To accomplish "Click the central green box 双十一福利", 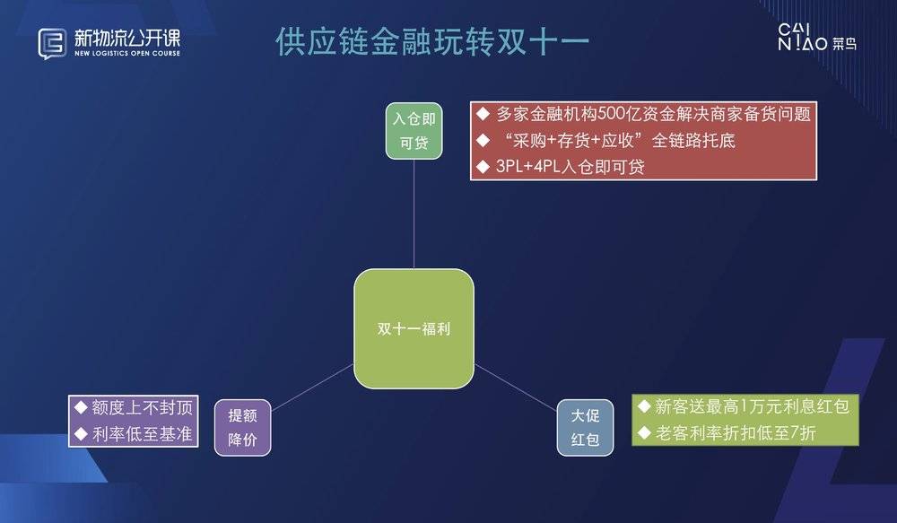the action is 414,328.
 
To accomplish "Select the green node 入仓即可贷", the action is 414,130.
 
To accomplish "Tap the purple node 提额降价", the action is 242,427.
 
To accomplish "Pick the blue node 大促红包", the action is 585,427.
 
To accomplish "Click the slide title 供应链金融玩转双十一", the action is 432,41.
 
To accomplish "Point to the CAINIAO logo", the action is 817,37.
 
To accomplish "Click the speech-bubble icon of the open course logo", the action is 52,43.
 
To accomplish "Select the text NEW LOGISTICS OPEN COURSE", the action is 127,53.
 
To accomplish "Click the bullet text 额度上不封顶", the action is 143,407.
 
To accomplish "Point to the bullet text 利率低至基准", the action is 143,434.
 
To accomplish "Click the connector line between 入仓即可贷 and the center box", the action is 414,214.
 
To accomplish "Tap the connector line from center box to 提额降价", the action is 312,388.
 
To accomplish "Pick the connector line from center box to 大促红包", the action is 516,388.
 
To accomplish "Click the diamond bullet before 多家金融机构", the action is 483,114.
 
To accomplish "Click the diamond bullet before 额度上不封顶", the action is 81,407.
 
